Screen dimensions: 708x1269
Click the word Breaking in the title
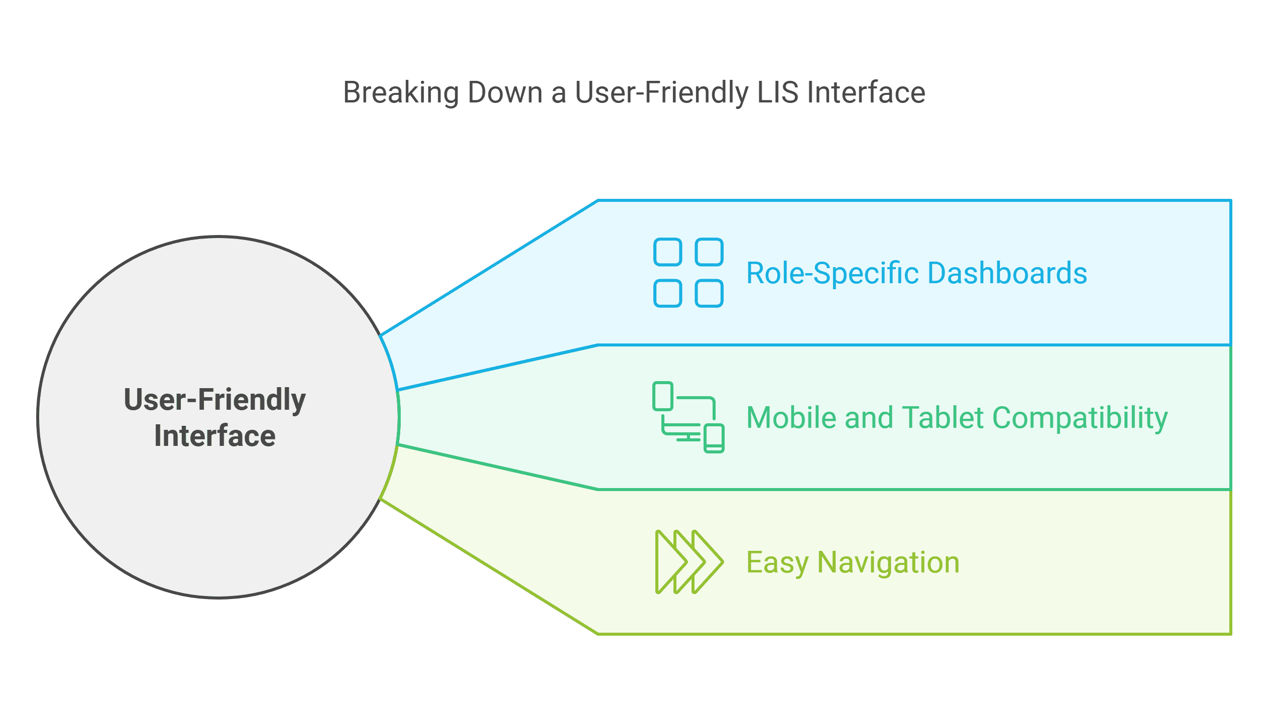click(x=401, y=93)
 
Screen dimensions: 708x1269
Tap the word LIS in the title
click(x=777, y=92)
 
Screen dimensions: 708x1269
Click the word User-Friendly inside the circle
click(x=214, y=400)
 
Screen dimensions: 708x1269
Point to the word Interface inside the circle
click(x=214, y=436)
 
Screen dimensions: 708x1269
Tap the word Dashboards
click(x=1007, y=273)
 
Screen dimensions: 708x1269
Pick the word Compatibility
click(x=1080, y=418)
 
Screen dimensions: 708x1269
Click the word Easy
click(x=776, y=562)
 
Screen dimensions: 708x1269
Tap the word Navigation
click(x=888, y=562)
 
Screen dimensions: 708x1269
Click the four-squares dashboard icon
click(x=688, y=273)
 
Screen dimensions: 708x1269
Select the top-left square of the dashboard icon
click(x=667, y=252)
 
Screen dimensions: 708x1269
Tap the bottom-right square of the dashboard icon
click(x=709, y=293)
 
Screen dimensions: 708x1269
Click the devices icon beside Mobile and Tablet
click(x=688, y=417)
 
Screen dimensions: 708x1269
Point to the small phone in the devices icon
click(x=714, y=438)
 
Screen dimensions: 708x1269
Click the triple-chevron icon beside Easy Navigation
click(x=689, y=562)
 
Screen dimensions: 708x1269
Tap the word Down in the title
click(x=505, y=92)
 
